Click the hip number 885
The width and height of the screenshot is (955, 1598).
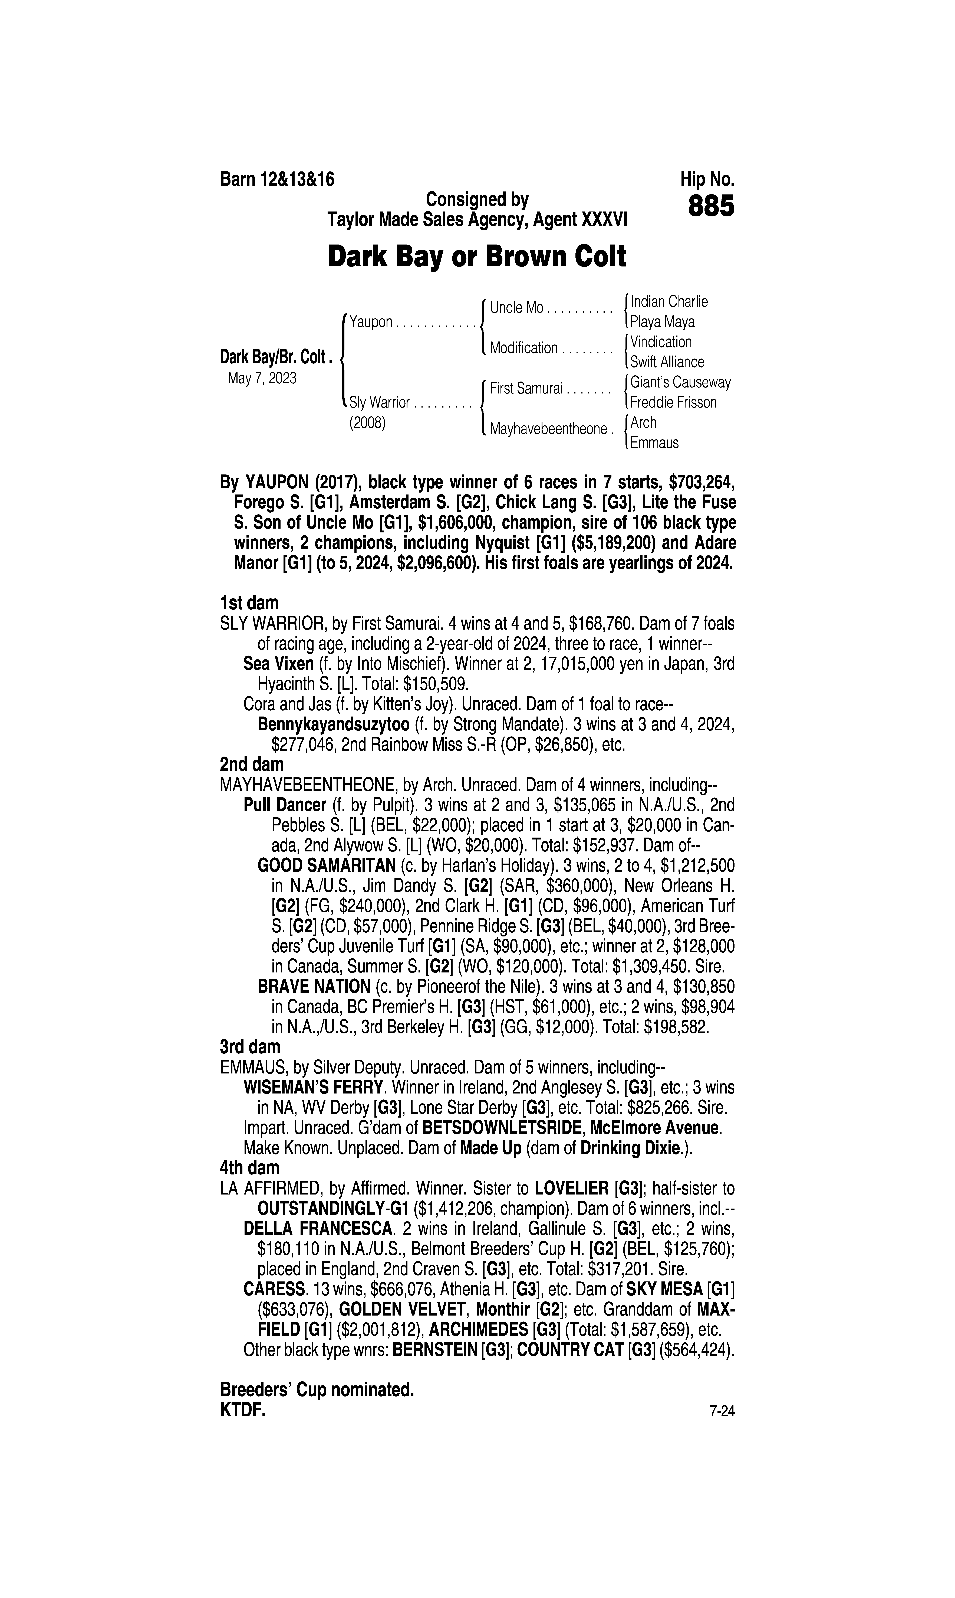click(x=710, y=207)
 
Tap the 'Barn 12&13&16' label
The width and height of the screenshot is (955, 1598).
click(x=277, y=179)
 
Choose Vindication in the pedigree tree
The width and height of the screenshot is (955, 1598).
click(x=661, y=342)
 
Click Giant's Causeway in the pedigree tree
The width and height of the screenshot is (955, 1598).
click(x=680, y=382)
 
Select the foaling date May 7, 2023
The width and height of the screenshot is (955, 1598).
click(x=262, y=379)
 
